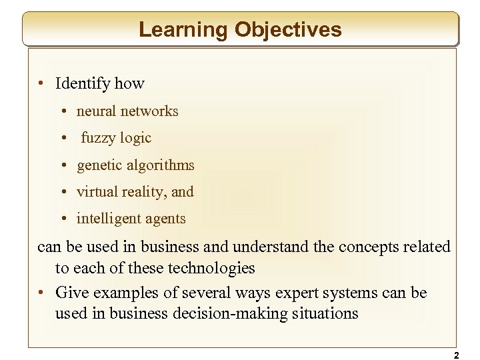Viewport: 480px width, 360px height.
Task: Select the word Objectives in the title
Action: pos(288,29)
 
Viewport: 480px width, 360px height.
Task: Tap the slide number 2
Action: pos(456,356)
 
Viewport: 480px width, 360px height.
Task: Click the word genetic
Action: pos(99,165)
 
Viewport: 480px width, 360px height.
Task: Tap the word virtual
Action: pos(97,192)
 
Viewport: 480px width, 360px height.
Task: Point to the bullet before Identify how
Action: pos(41,84)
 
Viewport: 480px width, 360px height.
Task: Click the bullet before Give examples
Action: pos(41,293)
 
